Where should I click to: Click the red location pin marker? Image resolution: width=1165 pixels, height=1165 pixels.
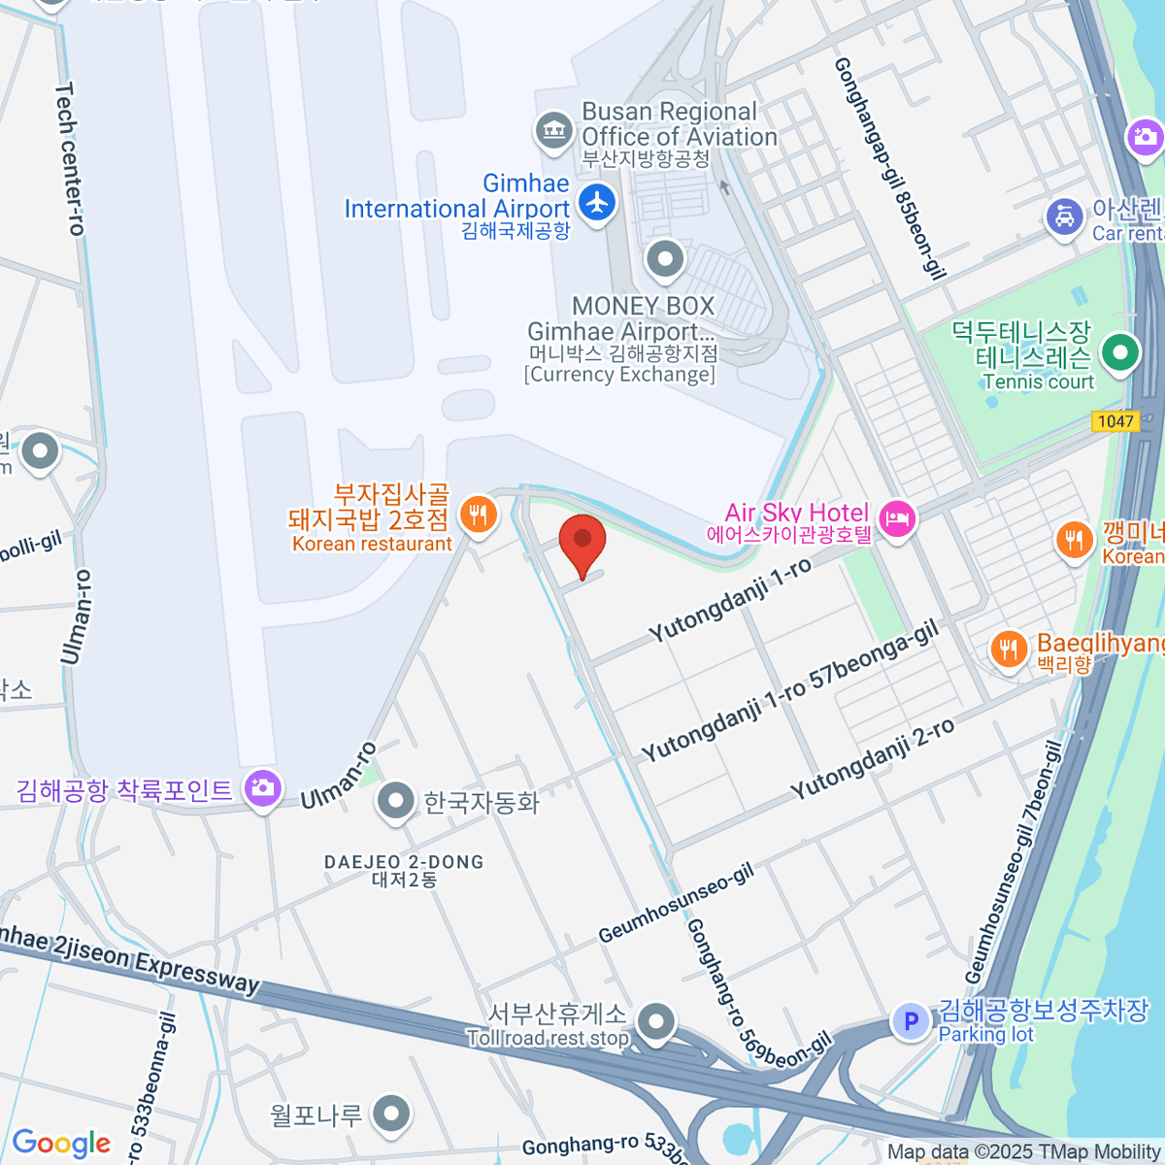tap(582, 542)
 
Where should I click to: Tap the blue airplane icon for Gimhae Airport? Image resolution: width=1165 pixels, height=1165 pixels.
tap(597, 203)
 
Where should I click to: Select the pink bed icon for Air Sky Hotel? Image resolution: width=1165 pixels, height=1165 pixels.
tap(896, 518)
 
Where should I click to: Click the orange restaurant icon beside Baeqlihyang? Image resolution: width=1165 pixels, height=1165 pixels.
tap(1009, 649)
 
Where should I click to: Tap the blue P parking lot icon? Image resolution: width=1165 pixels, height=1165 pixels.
tap(911, 1021)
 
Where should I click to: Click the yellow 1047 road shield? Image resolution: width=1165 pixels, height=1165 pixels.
tap(1115, 421)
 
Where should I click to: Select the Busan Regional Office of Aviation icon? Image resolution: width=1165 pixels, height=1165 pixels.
tap(553, 129)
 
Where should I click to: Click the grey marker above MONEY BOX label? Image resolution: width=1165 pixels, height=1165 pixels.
tap(665, 259)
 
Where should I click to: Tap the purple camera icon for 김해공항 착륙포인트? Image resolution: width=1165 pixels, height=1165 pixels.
tap(262, 787)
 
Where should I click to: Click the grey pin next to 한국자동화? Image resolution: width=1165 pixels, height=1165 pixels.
tap(395, 801)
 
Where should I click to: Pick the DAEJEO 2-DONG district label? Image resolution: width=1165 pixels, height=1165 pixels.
tap(404, 870)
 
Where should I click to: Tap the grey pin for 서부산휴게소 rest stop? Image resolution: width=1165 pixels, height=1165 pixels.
tap(657, 1021)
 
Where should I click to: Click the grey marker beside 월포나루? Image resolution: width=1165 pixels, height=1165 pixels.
tap(391, 1115)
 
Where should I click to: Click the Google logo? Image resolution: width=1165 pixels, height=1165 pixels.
tap(62, 1143)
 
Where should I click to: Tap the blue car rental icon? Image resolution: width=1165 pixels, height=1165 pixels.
tap(1065, 216)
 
